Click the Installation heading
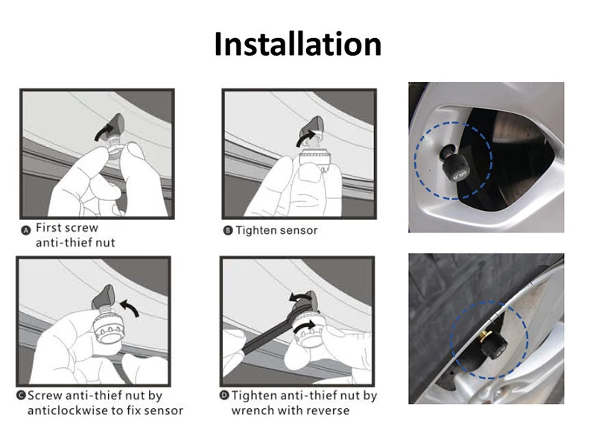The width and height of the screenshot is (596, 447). point(297,44)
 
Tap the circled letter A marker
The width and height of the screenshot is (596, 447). point(26,230)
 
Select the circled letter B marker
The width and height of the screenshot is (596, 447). point(228,230)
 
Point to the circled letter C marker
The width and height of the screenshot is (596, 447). point(21,396)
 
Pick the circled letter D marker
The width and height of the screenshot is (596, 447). point(225,396)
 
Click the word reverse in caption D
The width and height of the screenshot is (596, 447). point(328,411)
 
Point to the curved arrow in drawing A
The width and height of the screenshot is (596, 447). point(104,132)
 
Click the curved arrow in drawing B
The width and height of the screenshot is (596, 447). point(305,139)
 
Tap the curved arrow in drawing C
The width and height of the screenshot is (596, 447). point(130,307)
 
